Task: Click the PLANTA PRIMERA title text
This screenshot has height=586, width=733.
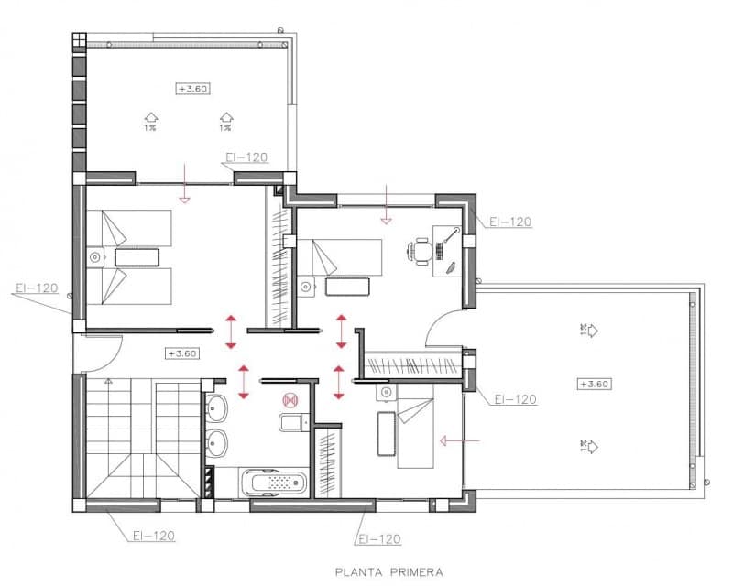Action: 388,572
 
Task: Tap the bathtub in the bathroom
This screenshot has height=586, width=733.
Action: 274,482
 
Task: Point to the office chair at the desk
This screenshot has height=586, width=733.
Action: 421,249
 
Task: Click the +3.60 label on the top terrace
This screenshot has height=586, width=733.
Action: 192,88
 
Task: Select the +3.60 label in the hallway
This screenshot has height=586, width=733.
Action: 182,353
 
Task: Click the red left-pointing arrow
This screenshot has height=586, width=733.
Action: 459,440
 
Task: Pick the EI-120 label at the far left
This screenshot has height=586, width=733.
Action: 37,288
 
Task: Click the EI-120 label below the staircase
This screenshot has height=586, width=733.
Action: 153,536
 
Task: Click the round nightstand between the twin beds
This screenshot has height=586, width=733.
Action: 93,257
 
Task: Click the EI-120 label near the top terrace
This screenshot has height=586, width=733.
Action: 246,157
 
